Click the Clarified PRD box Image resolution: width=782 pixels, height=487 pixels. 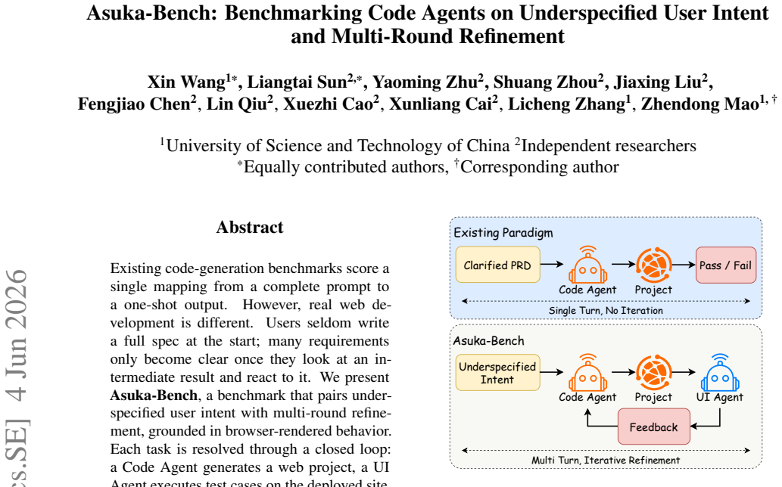[497, 265]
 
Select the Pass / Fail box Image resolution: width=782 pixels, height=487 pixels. [726, 265]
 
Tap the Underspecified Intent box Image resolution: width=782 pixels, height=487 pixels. [497, 373]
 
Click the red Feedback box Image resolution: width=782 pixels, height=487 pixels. [654, 427]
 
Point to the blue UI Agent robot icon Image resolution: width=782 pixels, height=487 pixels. [720, 373]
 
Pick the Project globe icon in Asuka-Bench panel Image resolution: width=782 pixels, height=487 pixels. [654, 373]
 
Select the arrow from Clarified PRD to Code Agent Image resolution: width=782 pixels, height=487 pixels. [552, 265]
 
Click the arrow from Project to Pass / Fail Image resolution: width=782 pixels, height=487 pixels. [684, 265]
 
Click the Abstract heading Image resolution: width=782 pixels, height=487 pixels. [250, 227]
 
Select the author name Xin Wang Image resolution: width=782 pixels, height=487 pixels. [186, 82]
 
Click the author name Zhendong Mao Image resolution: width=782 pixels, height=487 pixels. [699, 104]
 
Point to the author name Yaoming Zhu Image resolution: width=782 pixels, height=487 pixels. [425, 82]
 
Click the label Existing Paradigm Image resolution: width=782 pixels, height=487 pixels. [503, 233]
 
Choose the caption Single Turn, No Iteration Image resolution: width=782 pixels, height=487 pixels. [606, 310]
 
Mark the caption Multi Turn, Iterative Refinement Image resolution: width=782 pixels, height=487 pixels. [606, 460]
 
